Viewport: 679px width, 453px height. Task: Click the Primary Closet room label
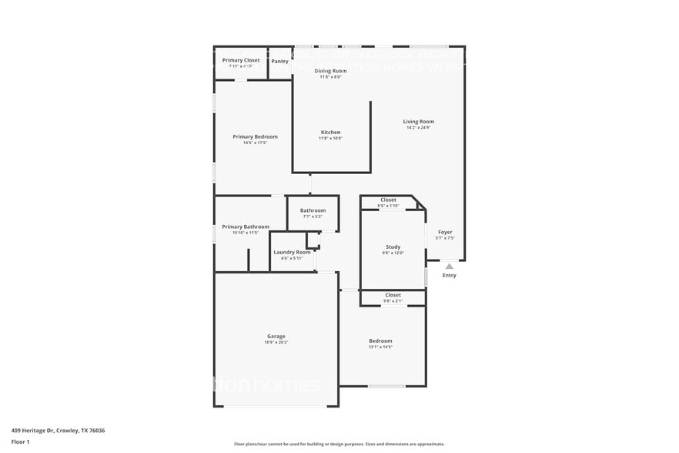pos(241,60)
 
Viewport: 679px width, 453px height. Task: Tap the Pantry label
pos(280,61)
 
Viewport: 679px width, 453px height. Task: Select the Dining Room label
pos(330,71)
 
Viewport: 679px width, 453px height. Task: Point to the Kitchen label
pos(330,132)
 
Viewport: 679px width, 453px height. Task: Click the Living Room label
pos(420,121)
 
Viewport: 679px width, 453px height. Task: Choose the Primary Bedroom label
pos(255,136)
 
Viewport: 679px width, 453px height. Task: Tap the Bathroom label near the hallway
pos(313,210)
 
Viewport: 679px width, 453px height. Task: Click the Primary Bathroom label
pos(246,226)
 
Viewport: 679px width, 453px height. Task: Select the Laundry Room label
pos(292,252)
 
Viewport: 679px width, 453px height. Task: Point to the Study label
pos(393,247)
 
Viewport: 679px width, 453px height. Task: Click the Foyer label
pos(445,232)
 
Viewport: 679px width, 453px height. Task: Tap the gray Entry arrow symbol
pos(450,267)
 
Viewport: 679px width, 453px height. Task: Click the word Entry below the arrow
pos(450,275)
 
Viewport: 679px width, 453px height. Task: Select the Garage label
pos(276,336)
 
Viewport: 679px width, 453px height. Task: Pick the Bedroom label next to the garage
pos(380,341)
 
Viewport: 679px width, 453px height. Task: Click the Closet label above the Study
pos(389,200)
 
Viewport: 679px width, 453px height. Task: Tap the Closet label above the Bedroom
pos(393,294)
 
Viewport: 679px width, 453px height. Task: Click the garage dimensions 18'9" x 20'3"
pos(276,342)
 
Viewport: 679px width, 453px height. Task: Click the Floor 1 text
pos(20,441)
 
